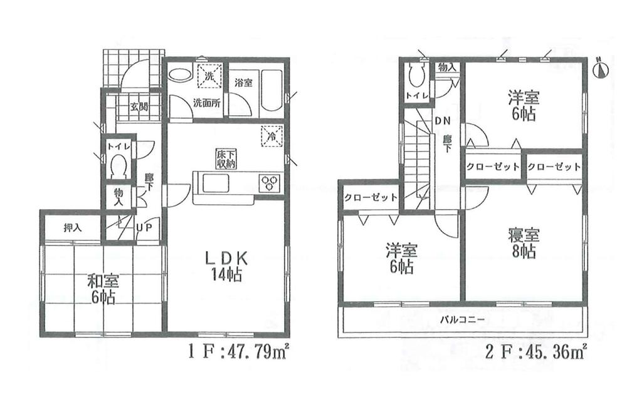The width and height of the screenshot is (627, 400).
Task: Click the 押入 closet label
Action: point(73,227)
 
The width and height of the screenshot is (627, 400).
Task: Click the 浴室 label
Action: point(243,82)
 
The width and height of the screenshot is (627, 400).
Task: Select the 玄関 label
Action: point(139,105)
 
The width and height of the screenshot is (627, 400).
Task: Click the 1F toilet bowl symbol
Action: point(119,167)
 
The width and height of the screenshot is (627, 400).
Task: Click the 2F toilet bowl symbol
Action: point(417,75)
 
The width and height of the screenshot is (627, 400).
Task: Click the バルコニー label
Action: point(461,319)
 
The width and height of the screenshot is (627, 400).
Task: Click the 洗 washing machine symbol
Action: point(209,76)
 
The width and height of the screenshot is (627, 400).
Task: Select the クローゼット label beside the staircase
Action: point(371,198)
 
